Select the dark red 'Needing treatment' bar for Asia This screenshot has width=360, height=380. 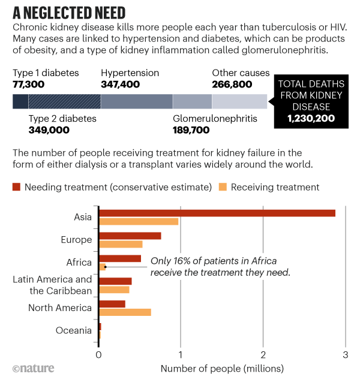217,213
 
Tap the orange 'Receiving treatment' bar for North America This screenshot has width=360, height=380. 125,312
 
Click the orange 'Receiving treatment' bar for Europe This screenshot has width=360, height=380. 121,244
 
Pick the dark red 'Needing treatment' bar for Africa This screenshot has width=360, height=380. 120,258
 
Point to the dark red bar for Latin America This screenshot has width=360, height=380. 115,281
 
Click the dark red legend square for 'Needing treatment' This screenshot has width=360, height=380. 17,187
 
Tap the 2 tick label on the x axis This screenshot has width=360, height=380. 263,354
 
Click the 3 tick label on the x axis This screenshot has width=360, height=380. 345,354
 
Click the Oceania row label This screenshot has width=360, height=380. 73,330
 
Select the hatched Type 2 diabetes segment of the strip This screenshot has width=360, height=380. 65,101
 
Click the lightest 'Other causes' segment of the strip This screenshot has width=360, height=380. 239,101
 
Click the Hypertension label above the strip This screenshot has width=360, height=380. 130,73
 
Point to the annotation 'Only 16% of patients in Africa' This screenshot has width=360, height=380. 213,261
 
